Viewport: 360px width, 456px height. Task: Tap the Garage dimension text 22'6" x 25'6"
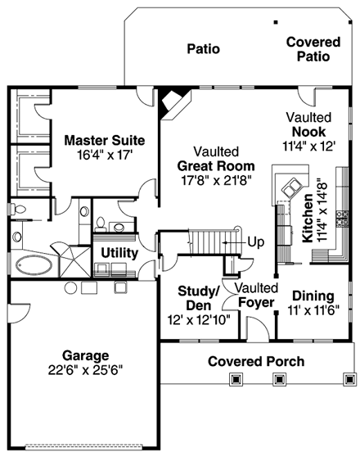[x=84, y=369]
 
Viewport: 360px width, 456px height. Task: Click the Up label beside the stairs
[x=256, y=242]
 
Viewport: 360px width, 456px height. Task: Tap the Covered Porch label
[x=255, y=361]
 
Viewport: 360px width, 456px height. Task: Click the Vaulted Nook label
[x=308, y=124]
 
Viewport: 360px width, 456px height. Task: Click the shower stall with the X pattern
[x=74, y=260]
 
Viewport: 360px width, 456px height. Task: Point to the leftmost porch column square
[x=236, y=379]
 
